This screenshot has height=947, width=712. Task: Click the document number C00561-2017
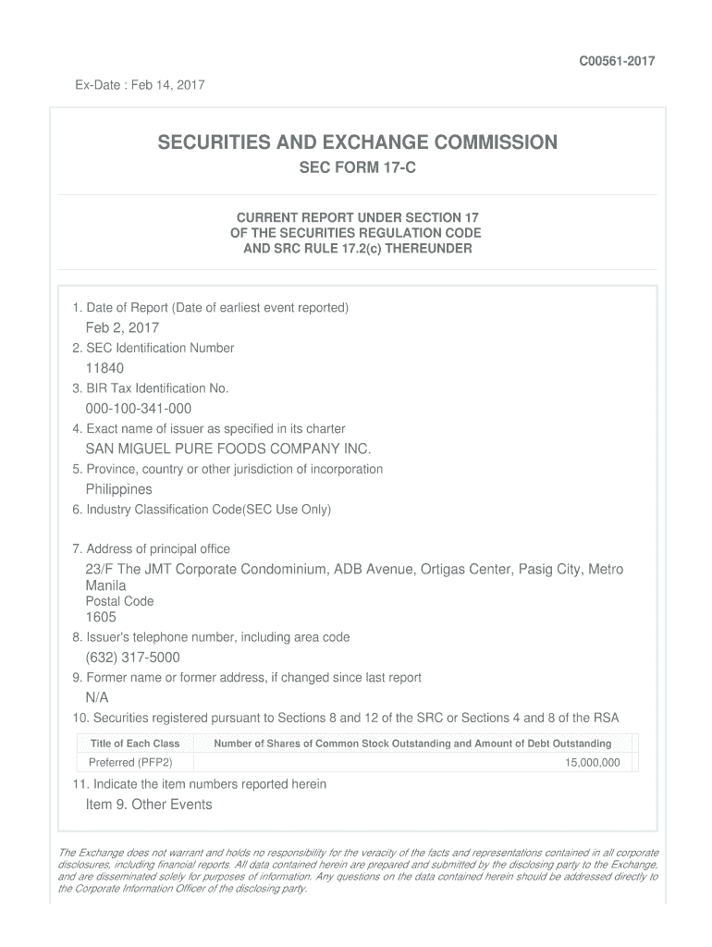[617, 61]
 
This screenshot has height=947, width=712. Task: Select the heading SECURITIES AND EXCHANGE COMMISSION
[356, 142]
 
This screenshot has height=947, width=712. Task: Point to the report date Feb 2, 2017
[122, 327]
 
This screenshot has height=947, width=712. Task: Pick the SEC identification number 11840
[104, 368]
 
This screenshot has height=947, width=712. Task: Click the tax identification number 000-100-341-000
[139, 409]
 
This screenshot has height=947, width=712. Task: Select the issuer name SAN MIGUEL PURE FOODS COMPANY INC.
[227, 449]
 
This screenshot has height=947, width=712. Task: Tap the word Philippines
[118, 489]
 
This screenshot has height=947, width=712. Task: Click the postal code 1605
[101, 618]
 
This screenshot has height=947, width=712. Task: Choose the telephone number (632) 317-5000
[132, 658]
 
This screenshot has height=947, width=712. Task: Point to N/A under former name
[97, 698]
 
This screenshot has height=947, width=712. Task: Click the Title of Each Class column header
[135, 744]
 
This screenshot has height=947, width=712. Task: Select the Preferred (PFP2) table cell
[129, 763]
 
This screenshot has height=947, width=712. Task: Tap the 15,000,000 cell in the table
[593, 763]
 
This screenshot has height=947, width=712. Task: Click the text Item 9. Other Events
[149, 805]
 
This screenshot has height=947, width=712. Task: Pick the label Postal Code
[119, 601]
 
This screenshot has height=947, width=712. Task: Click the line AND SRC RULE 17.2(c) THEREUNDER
[356, 250]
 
